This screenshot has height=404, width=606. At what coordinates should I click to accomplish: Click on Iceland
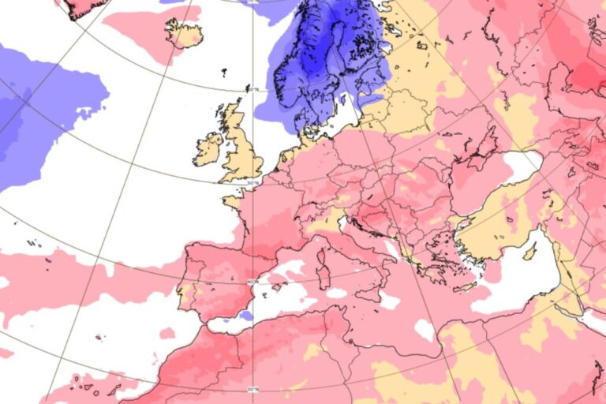[184, 32]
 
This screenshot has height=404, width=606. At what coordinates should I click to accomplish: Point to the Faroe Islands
[225, 73]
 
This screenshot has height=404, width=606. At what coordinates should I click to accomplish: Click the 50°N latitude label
[252, 183]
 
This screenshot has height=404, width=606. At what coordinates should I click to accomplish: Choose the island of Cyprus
[531, 252]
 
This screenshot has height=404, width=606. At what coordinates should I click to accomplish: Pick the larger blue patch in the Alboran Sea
[245, 315]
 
